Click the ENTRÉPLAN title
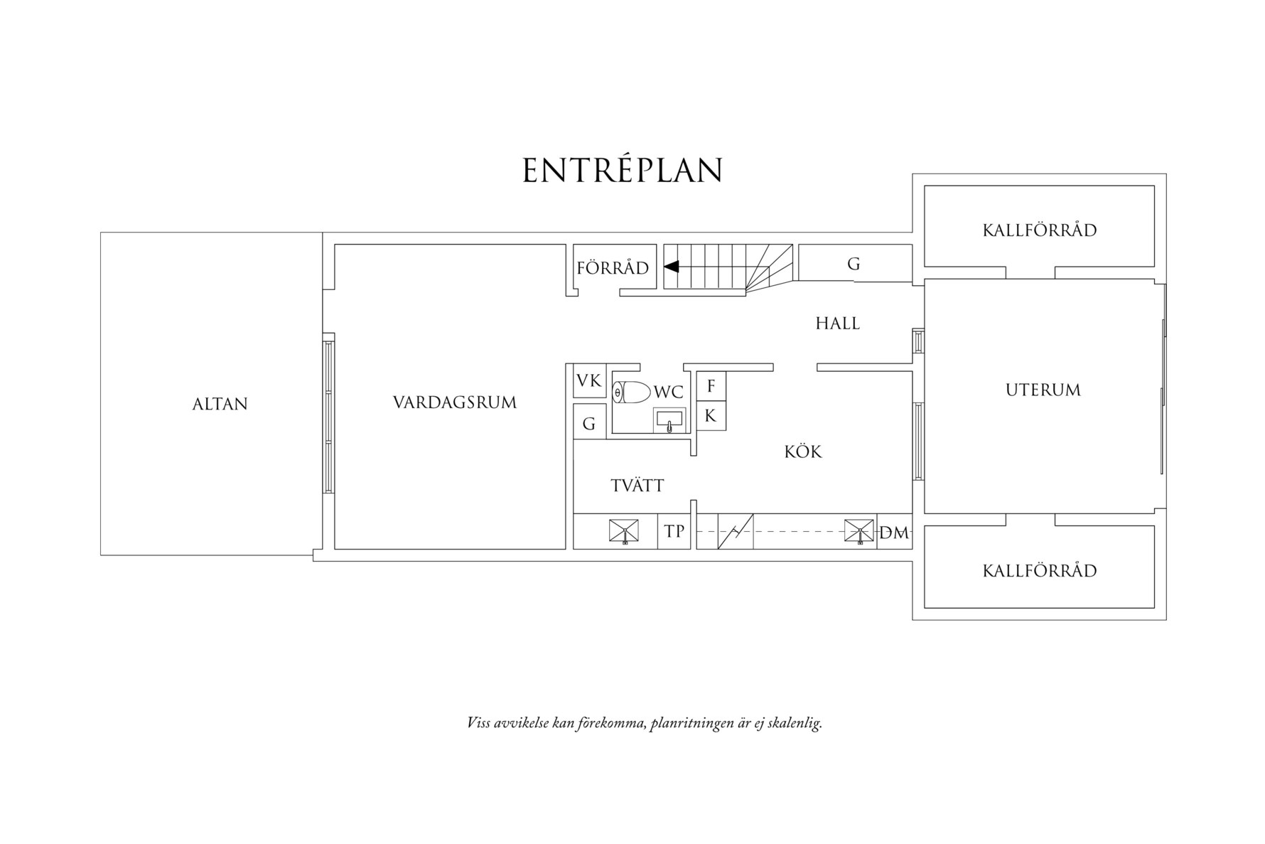[x=623, y=171]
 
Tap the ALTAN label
[x=220, y=404]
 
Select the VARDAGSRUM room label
[x=455, y=402]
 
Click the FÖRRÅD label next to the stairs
[x=613, y=268]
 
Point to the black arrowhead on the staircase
[x=672, y=267]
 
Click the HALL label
[x=838, y=324]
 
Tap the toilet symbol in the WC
[x=632, y=392]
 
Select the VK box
[x=589, y=381]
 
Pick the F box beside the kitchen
[x=711, y=387]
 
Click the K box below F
[x=711, y=417]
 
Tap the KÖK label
[x=803, y=452]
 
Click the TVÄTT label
[x=637, y=486]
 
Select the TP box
[x=674, y=531]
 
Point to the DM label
[x=894, y=533]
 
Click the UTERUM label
[x=1043, y=390]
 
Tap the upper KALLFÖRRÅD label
[x=1040, y=230]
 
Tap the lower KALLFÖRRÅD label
[x=1040, y=571]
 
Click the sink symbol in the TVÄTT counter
[x=623, y=531]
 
